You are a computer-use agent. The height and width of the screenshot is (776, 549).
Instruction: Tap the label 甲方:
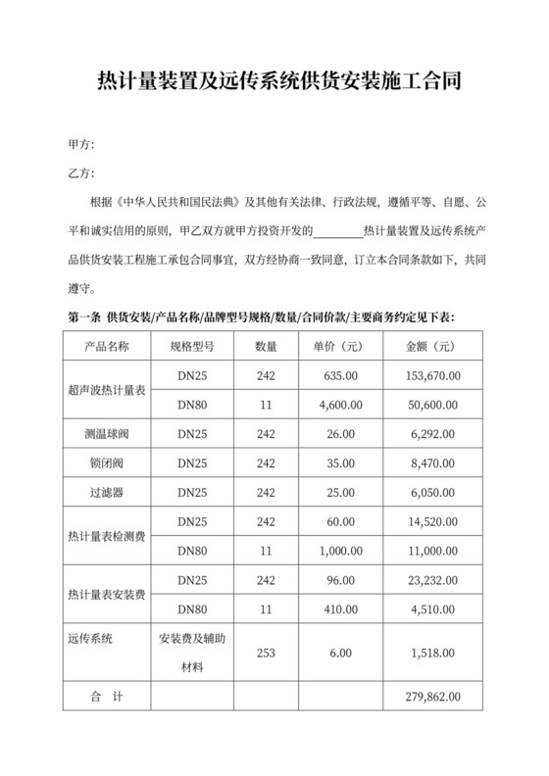81,145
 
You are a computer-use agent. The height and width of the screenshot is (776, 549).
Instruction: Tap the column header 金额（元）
431,348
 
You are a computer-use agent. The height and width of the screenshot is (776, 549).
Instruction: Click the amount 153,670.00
432,375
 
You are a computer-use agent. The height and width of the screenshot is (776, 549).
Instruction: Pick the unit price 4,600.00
339,404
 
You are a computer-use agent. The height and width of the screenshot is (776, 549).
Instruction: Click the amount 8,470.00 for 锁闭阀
432,461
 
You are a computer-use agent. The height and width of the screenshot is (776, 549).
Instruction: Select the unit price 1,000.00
339,552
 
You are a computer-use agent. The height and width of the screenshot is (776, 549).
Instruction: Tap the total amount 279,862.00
432,697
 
